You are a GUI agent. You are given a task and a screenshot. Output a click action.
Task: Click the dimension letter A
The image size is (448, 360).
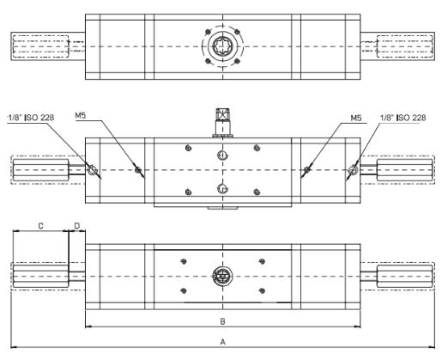tap(223, 342)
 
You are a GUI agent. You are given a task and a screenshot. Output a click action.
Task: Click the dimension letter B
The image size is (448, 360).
tap(222, 321)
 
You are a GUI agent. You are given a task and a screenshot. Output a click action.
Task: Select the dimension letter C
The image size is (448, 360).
tap(40, 226)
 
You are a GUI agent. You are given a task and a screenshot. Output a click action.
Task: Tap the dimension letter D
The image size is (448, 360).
tap(77, 226)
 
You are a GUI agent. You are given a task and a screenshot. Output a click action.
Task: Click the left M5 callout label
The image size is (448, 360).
tap(81, 115)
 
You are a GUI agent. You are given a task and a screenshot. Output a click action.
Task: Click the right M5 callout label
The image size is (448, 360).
tap(356, 118)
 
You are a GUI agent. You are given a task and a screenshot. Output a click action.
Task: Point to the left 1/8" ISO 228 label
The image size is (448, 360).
tap(31, 118)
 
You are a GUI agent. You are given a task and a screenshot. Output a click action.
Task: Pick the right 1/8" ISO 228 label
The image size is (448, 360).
tap(403, 118)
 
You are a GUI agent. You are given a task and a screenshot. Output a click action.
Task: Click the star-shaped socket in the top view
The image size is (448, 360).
tap(222, 46)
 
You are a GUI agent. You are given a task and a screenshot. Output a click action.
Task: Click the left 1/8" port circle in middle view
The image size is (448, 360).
tap(92, 170)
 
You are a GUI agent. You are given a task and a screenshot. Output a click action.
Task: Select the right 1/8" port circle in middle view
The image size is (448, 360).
tap(354, 170)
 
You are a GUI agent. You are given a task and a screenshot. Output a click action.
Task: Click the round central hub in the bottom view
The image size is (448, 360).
tap(222, 277)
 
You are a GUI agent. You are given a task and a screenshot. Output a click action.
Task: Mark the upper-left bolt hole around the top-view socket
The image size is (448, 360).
tap(209, 31)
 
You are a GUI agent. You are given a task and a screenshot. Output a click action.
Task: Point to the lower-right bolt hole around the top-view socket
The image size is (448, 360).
tap(237, 61)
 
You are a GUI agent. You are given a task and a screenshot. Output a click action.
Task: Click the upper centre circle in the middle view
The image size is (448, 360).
tap(222, 156)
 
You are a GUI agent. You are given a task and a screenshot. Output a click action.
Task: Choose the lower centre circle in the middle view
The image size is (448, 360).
tap(222, 189)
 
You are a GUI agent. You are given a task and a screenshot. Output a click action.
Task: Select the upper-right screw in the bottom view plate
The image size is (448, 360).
tap(262, 261)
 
